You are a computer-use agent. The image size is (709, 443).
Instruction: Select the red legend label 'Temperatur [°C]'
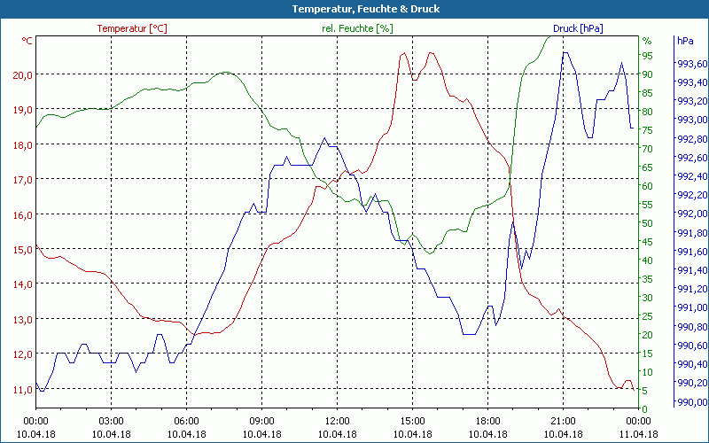coord(131,28)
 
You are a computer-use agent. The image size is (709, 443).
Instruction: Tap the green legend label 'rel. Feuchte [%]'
coord(357,28)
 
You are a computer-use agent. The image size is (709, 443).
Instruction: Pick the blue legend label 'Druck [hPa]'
coord(578,28)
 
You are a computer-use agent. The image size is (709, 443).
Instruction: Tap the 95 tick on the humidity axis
coord(648,56)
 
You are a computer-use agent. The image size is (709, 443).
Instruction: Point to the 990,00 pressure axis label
coord(690,402)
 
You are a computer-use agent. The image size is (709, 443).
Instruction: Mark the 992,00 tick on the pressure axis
coord(690,214)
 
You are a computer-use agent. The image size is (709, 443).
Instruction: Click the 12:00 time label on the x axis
coord(337,422)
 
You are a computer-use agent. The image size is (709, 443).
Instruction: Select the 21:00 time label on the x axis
coord(563,422)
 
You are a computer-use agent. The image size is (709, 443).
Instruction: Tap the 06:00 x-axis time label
coord(186,422)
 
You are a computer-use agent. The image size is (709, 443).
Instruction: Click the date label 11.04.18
coord(638,434)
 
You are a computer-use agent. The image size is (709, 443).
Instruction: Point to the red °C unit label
coord(27,41)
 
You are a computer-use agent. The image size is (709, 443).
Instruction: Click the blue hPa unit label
coord(685,41)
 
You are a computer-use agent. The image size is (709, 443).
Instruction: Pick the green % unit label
coord(647,41)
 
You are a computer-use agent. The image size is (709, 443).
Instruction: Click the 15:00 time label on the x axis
coord(412,422)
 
